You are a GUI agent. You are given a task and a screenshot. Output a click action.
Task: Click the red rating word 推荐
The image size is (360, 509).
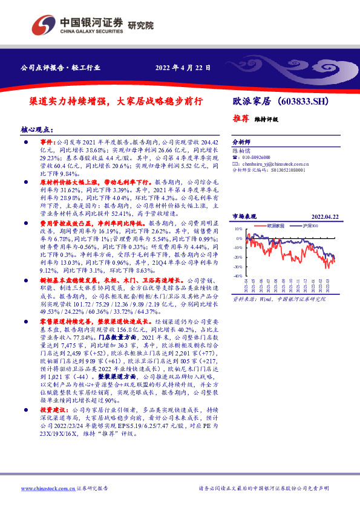[x=240, y=119]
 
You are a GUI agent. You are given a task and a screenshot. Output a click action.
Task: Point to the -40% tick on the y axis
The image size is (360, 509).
[x=238, y=276]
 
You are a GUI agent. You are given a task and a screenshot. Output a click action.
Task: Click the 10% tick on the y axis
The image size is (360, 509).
[x=238, y=230]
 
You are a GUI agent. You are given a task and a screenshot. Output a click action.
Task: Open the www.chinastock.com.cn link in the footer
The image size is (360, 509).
[x=47, y=488]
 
